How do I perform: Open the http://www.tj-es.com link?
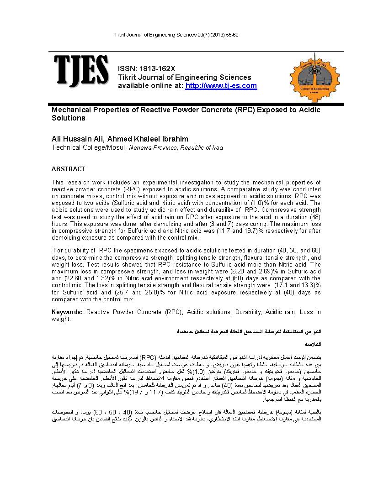point(221,86)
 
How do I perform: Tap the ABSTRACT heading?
point(68,169)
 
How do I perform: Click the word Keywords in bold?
point(67,312)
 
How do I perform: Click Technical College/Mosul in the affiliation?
point(89,147)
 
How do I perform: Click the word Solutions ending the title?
point(69,118)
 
